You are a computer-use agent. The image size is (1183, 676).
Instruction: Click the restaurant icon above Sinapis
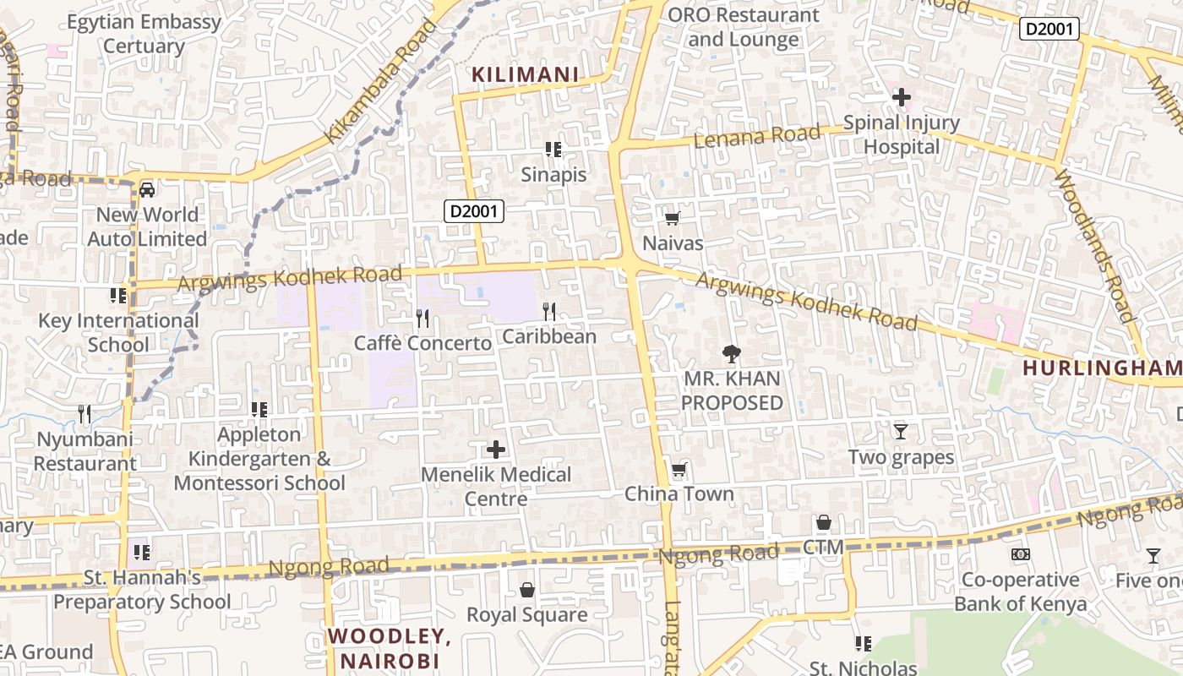point(553,150)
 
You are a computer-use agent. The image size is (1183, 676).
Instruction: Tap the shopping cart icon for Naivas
point(673,219)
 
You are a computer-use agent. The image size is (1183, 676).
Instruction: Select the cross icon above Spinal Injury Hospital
point(902,97)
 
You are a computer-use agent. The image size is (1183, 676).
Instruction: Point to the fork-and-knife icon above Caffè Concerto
point(422,319)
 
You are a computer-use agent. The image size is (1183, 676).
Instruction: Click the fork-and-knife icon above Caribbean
point(549,312)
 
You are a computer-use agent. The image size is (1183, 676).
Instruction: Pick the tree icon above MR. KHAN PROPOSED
point(732,354)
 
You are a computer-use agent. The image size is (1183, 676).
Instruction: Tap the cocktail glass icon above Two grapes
point(901,432)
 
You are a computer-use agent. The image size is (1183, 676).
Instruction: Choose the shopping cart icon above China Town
point(679,470)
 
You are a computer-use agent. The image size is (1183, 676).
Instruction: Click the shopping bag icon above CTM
point(824,523)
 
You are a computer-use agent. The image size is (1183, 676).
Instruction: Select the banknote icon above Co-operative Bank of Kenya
point(1021,554)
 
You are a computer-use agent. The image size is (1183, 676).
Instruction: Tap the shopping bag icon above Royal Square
point(527,590)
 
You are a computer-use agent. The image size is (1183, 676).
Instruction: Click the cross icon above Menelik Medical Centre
point(497,449)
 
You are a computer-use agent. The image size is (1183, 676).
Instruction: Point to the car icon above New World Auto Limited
point(147,189)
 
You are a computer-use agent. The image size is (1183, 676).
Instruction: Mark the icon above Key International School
point(118,296)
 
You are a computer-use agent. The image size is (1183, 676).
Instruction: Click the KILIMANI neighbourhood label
point(526,75)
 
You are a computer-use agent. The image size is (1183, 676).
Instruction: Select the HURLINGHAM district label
point(1102,368)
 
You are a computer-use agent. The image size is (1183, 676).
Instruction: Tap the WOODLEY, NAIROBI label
point(390,647)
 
